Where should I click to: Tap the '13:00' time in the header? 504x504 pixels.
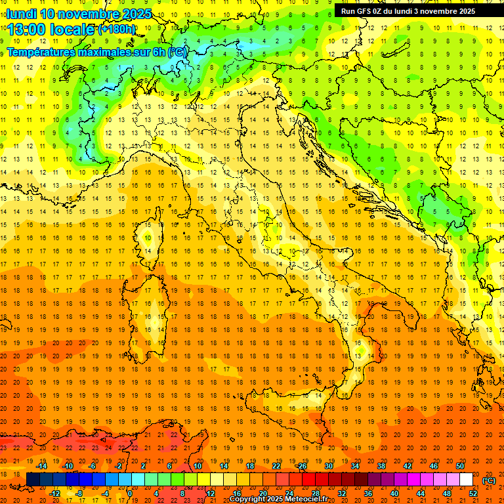tap(27, 30)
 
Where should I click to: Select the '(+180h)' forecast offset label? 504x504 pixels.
tap(117, 30)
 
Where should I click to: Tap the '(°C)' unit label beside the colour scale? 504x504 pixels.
tap(489, 480)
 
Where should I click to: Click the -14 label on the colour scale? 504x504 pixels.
tap(41, 466)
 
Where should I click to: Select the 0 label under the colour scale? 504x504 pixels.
tap(129, 493)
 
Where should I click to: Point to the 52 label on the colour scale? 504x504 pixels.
tap(472, 493)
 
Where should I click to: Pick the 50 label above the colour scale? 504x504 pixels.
tap(460, 466)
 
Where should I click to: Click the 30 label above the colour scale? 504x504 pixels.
tap(328, 466)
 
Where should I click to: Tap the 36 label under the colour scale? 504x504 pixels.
tap(368, 493)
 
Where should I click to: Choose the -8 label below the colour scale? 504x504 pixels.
tap(79, 493)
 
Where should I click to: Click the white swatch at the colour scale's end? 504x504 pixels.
tap(467, 480)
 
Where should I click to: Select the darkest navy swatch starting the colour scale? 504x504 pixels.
tap(33, 480)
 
